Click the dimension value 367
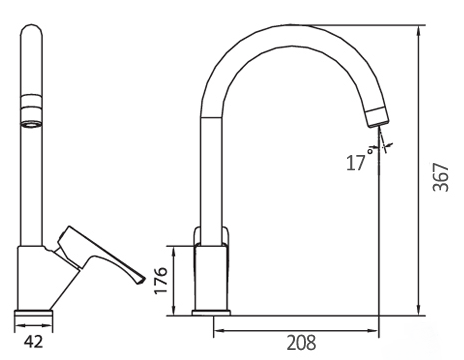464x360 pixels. (x=441, y=177)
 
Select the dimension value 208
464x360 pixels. (x=301, y=343)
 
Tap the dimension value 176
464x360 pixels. (x=161, y=280)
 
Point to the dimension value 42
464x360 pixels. (x=34, y=342)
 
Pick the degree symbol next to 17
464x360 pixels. (x=370, y=151)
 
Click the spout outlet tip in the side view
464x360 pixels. (x=379, y=124)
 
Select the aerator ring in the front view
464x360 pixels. (x=32, y=110)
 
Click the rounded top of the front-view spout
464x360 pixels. (x=32, y=29)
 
